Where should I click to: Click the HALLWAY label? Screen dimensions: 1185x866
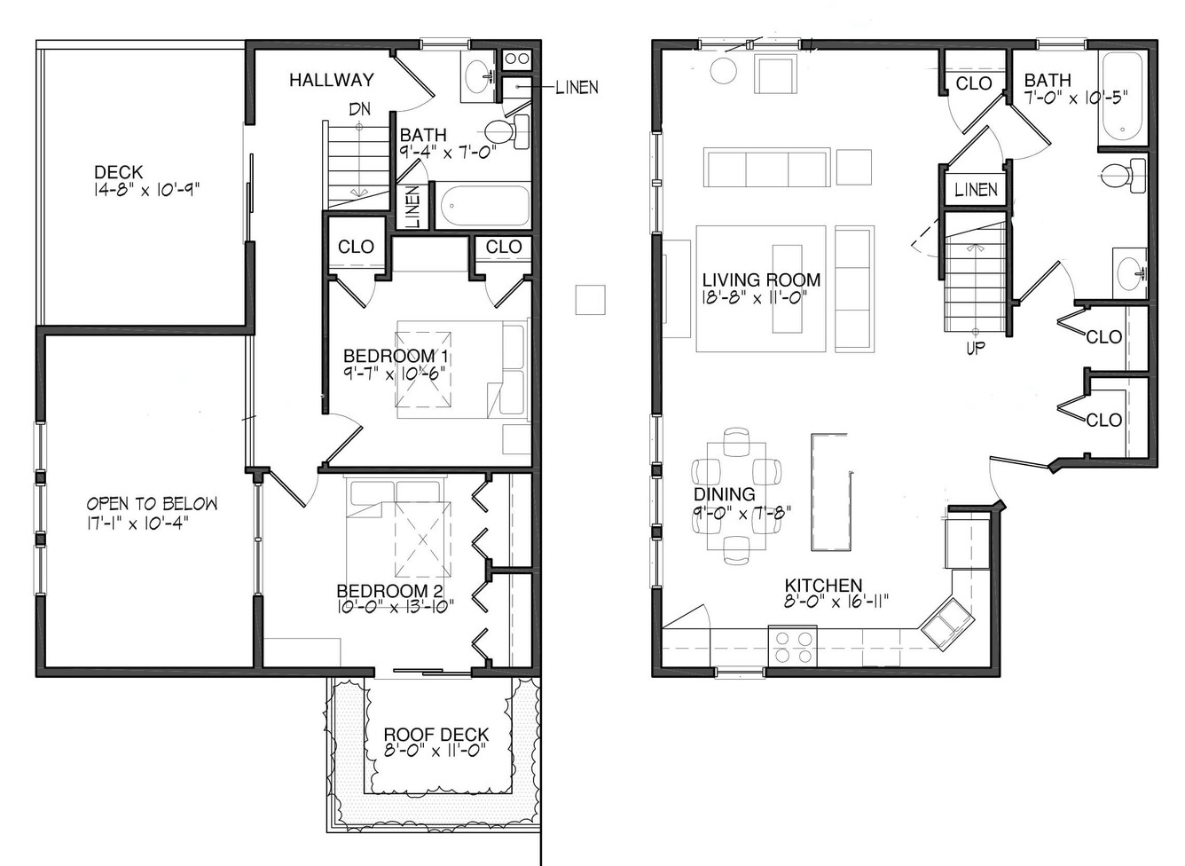tap(332, 80)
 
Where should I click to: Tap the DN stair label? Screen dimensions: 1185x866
tap(360, 109)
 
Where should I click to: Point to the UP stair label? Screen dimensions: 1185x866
tap(976, 348)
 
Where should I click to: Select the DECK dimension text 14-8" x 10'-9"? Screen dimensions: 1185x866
tap(146, 190)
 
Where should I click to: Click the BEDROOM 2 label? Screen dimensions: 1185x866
tap(390, 591)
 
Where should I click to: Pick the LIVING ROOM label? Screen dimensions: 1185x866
tap(761, 279)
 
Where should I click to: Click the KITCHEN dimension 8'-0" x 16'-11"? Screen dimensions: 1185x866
tap(836, 602)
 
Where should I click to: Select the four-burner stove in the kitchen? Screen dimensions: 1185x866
tap(792, 646)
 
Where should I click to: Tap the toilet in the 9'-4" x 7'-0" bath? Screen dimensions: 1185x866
tap(506, 131)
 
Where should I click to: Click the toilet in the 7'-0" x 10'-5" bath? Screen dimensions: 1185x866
tap(1124, 175)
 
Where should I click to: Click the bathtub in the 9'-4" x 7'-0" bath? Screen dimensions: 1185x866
tap(483, 205)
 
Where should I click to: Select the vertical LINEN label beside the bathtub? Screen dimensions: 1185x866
tap(413, 207)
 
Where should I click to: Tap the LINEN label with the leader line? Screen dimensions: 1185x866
tap(577, 87)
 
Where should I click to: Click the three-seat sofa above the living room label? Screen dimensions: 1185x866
tap(766, 168)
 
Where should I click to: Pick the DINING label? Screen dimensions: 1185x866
tap(725, 494)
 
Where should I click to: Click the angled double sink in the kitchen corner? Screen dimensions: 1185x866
tap(947, 624)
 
